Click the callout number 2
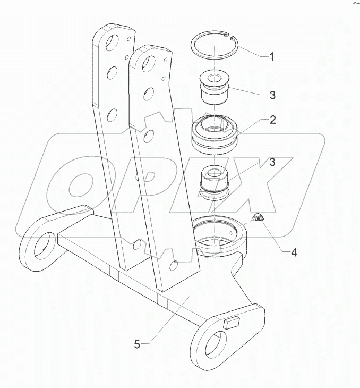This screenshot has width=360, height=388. coord(272,120)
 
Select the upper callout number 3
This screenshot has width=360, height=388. coord(272,95)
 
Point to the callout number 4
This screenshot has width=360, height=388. coord(293,252)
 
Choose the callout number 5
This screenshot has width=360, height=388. coord(137,344)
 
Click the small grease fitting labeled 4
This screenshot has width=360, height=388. coord(259,218)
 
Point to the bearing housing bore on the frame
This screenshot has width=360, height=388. coord(219,236)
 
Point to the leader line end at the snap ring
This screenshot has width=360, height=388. coord(234,38)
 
